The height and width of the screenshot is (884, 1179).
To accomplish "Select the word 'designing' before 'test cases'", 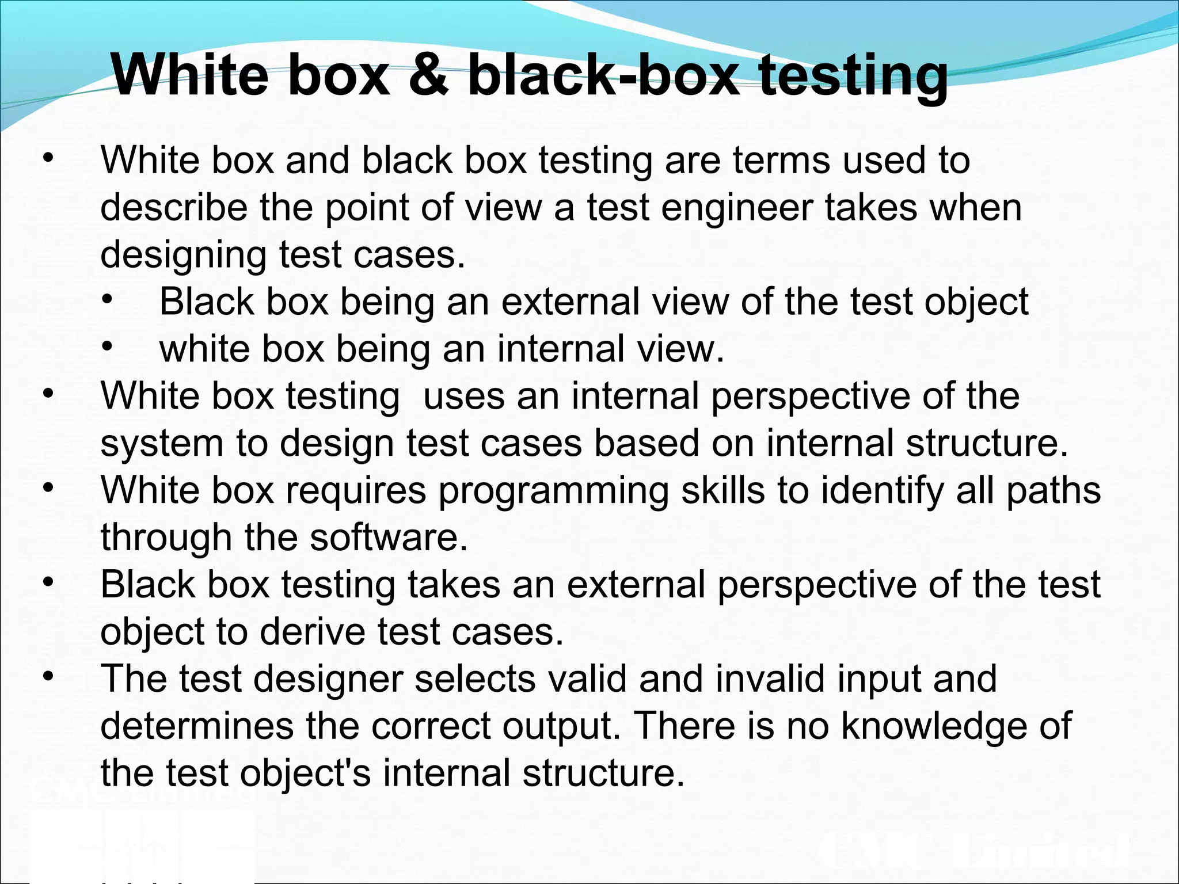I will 183,255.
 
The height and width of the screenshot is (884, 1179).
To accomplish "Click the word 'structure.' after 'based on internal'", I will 987,443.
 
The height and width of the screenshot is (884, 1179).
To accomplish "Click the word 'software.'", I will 389,538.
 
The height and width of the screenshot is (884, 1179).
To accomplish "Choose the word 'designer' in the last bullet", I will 329,679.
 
